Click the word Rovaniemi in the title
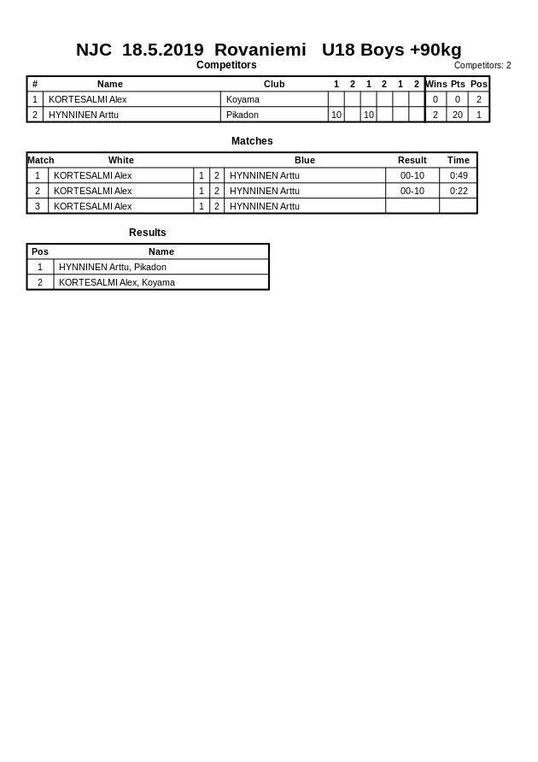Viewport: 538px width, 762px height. coord(260,50)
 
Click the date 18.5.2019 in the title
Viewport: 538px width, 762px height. coord(162,50)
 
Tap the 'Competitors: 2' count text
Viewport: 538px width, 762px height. coord(482,65)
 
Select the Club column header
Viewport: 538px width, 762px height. coord(274,84)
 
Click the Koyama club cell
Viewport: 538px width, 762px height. coord(243,99)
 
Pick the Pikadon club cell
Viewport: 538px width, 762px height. coord(243,115)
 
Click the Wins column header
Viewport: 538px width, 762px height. coord(436,84)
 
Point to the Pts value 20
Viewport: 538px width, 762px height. coord(458,115)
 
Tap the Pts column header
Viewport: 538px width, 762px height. coord(458,84)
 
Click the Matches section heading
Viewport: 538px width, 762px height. coord(252,141)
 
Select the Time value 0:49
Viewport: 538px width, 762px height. coord(459,175)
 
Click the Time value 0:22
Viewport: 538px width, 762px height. coord(459,191)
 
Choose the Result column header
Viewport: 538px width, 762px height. coord(412,160)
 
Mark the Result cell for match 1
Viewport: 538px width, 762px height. coord(412,175)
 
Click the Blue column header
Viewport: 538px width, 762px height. coord(305,160)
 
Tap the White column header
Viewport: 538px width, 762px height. coord(121,160)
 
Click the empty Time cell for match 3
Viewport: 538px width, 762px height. coord(459,206)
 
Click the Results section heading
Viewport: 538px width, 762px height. coord(148,233)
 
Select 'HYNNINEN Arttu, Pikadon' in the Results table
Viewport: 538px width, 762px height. coord(113,267)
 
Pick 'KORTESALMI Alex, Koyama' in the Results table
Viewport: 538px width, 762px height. coord(117,282)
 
